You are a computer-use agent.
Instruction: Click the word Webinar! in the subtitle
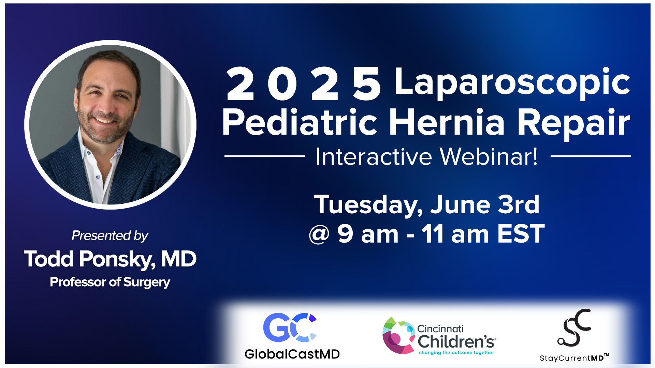coord(489,157)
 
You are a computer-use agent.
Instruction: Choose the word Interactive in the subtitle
coord(374,157)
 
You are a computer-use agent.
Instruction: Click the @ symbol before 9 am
coord(319,234)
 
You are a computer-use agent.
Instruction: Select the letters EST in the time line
coord(521,234)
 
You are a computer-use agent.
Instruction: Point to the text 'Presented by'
coord(110,235)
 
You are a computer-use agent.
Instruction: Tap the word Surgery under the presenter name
coord(146,282)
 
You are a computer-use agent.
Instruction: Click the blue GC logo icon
coord(290,327)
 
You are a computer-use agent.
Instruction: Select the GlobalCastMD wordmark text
coord(292,354)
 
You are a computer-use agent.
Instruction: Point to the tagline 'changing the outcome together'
coord(456,353)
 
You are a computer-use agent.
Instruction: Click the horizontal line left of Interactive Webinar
coord(264,156)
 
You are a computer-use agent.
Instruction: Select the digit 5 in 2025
coord(366,84)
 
